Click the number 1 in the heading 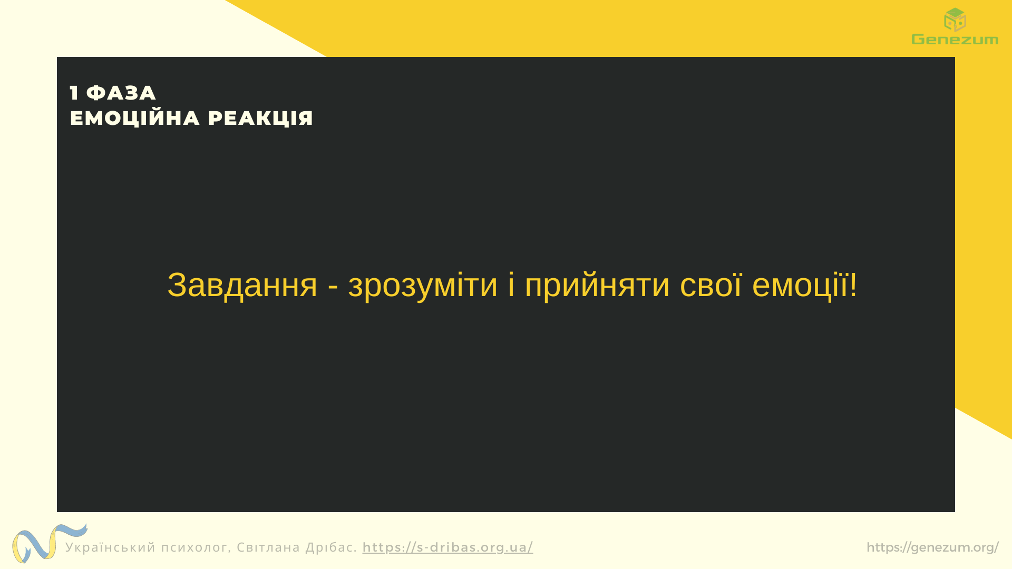[x=74, y=93]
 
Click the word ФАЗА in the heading [x=121, y=93]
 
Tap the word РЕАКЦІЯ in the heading [x=260, y=118]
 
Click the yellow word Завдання [x=242, y=286]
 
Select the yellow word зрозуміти [x=423, y=286]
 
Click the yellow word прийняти [x=597, y=286]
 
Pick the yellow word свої [x=711, y=286]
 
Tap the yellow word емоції [x=800, y=286]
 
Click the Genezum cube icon [x=955, y=19]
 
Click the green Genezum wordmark [x=955, y=40]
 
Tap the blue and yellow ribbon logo [x=50, y=543]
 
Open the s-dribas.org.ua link [x=447, y=547]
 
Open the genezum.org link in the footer [x=932, y=547]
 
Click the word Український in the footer [x=111, y=547]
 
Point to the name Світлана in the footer [x=268, y=547]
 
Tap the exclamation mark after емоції [x=853, y=284]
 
